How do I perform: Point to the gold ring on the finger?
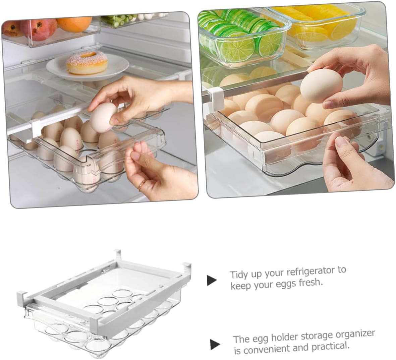pos(142,184)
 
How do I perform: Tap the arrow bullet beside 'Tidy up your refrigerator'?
pos(212,280)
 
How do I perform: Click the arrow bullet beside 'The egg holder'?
pos(215,344)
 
